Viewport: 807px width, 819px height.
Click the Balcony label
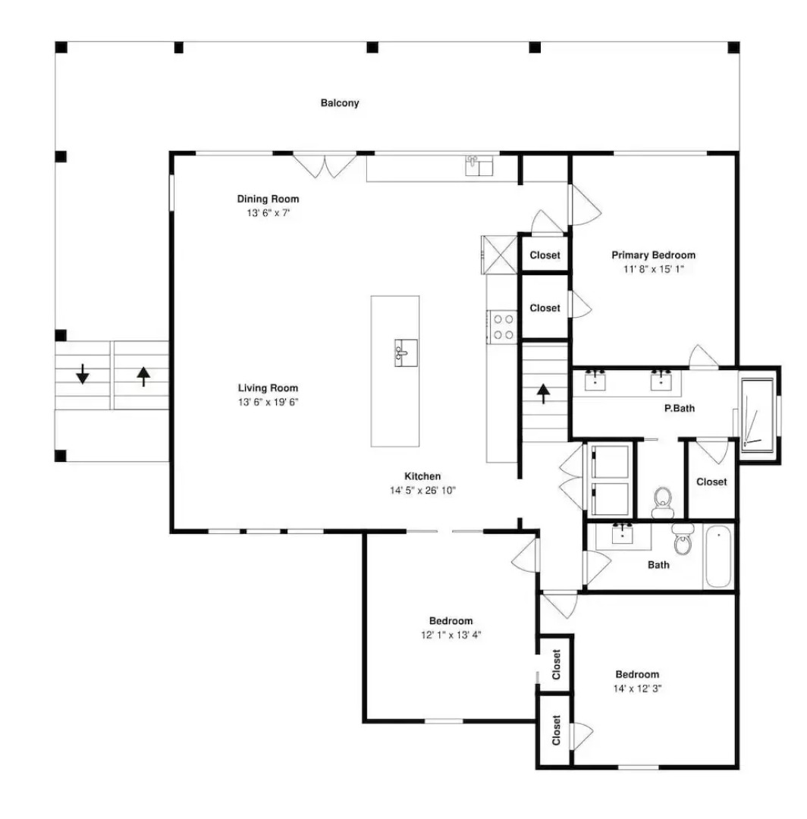tap(340, 103)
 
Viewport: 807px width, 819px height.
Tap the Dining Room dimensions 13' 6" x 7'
tap(268, 213)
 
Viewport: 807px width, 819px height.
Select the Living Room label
tap(268, 388)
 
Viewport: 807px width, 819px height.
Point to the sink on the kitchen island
tap(406, 353)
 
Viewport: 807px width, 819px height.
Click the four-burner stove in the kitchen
tap(503, 327)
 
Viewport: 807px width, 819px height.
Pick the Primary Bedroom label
tap(654, 256)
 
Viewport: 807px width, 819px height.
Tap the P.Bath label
tap(680, 409)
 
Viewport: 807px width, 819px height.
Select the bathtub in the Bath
tap(719, 557)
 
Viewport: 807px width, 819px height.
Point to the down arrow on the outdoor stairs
tap(82, 374)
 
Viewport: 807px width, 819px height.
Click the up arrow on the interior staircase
tap(543, 394)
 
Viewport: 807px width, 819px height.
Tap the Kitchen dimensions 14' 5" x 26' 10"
tap(422, 491)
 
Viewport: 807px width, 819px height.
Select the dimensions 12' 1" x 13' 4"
tap(451, 635)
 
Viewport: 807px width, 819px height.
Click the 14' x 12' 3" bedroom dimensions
tap(637, 689)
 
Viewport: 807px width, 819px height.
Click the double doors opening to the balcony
tap(325, 165)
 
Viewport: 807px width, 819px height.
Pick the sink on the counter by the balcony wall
tap(479, 165)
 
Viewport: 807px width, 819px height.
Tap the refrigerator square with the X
tap(499, 255)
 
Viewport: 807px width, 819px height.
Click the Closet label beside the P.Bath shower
tap(711, 482)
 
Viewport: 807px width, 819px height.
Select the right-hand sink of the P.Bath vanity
tap(661, 380)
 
